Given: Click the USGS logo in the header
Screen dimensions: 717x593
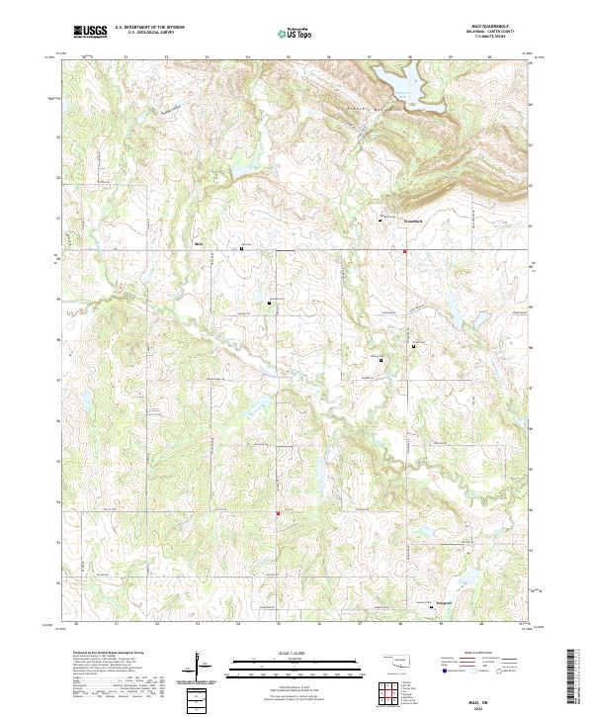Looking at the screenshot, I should click(x=91, y=32).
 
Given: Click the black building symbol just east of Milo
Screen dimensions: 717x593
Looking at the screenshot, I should click(x=243, y=249).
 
